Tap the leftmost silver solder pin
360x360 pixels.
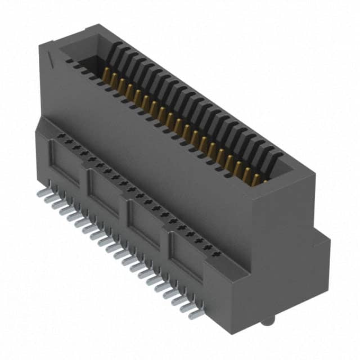click(40, 193)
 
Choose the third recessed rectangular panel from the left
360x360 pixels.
click(146, 222)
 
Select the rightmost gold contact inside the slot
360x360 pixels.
click(257, 179)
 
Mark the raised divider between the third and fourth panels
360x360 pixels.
click(165, 239)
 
